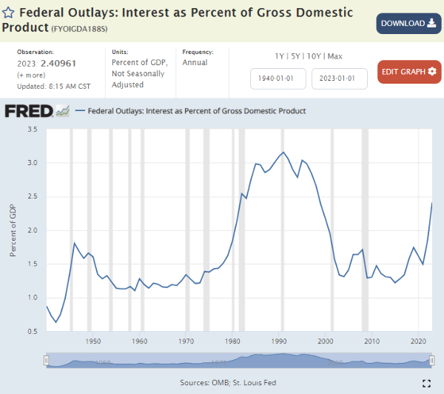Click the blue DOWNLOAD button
(408, 23)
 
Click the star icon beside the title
(8, 13)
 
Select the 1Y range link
(279, 56)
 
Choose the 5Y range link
(295, 56)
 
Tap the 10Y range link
(313, 56)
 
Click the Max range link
(334, 56)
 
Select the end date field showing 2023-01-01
(339, 79)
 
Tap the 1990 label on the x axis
(280, 341)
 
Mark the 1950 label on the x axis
(93, 341)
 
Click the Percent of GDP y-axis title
(13, 230)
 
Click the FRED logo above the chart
(37, 111)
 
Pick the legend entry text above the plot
(196, 111)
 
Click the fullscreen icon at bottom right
(426, 383)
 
